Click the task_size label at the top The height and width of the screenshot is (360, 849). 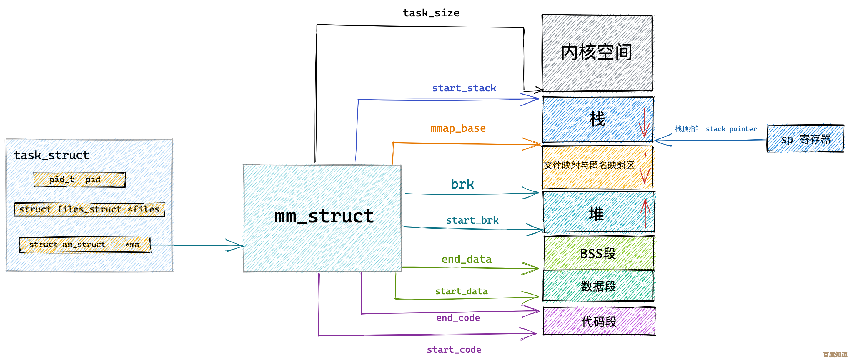[431, 13]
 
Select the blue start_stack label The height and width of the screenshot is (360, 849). [464, 88]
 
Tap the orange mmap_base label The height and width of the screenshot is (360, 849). [458, 128]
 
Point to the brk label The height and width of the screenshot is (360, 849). [462, 184]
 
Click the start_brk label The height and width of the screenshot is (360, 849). [472, 220]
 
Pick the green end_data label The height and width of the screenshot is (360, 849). [466, 259]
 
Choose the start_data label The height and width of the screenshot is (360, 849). [461, 291]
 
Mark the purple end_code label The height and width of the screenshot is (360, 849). [458, 318]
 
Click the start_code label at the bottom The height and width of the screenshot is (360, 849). [454, 349]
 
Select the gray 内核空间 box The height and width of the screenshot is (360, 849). [597, 53]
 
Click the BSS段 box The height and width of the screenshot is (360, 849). [598, 253]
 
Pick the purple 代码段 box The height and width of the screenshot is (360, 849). [599, 321]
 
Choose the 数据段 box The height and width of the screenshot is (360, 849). [598, 286]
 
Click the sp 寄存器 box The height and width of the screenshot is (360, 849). [805, 139]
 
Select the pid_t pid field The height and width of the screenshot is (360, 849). [79, 179]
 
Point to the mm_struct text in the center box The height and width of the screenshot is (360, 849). [324, 217]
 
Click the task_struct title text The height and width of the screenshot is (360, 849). [51, 155]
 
